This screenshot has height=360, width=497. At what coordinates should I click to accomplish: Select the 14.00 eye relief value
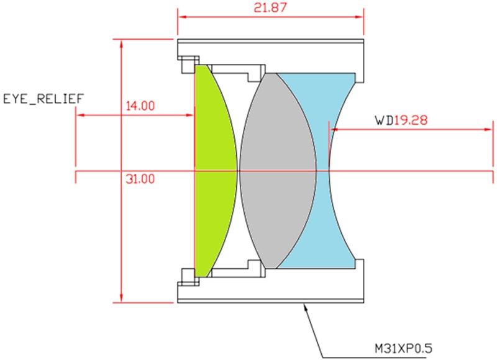[140, 106]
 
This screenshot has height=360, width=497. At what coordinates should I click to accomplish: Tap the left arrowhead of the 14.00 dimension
[79, 115]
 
